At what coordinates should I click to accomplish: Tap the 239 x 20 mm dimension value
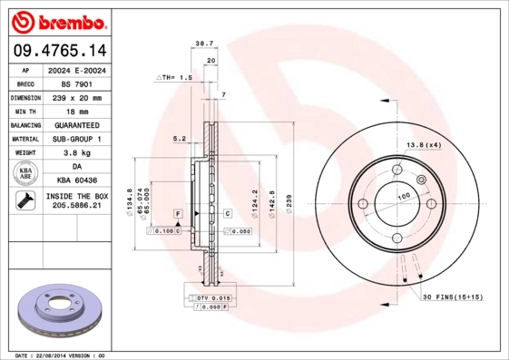[75, 97]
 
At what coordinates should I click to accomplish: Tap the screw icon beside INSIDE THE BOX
[21, 201]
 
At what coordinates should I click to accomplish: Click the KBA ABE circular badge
[25, 173]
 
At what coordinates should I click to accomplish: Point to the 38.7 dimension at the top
[203, 43]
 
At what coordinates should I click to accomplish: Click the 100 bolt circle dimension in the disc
[403, 196]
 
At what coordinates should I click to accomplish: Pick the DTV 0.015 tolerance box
[206, 297]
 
